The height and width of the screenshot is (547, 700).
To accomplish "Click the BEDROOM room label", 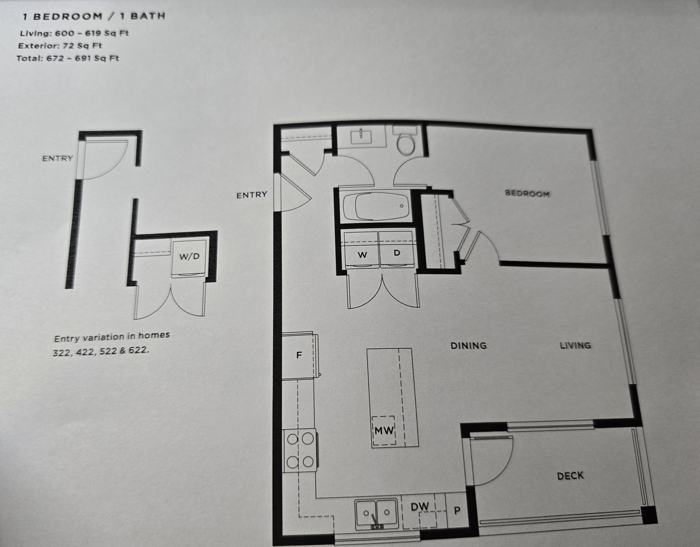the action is [527, 193].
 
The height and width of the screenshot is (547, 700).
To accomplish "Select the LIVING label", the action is [575, 345].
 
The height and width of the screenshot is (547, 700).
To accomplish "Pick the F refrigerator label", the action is [299, 355].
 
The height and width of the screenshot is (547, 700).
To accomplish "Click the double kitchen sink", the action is [377, 514].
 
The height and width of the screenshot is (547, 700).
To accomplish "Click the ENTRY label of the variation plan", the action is [58, 158].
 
